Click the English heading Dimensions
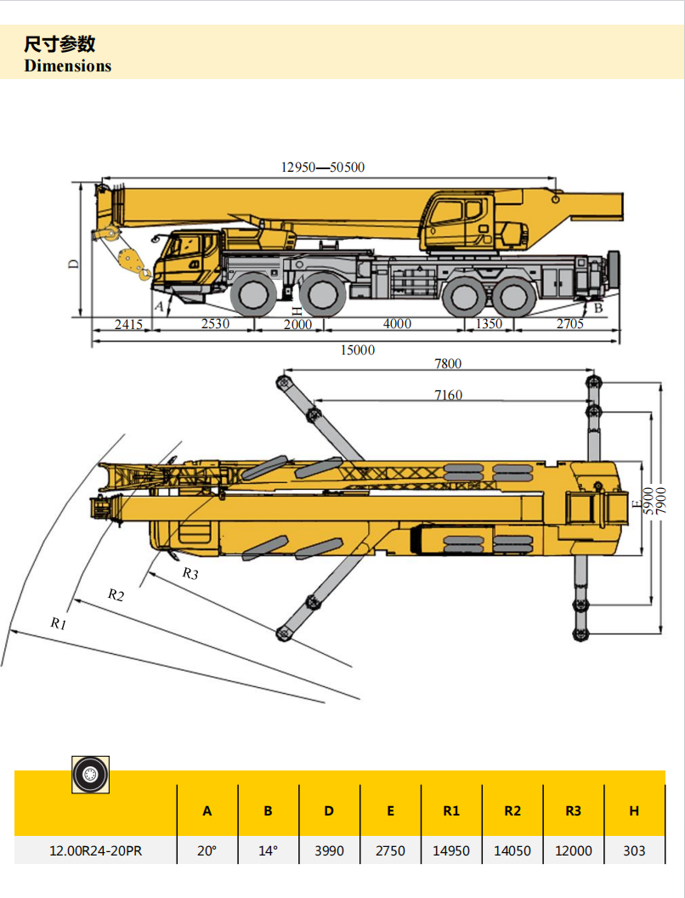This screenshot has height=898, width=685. (68, 66)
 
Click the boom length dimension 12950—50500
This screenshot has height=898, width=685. (323, 168)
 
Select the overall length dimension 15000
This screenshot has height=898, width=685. (357, 350)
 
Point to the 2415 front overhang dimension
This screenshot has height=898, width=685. (128, 324)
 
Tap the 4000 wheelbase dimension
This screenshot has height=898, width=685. (397, 324)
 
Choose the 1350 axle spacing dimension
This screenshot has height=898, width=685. (488, 324)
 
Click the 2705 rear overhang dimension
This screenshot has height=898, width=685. (570, 324)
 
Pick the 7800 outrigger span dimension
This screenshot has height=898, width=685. (448, 364)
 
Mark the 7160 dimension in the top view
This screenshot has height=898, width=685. (449, 395)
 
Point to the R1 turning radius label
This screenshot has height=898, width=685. (59, 623)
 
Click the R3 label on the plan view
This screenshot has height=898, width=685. (190, 574)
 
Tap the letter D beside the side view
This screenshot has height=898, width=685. (74, 264)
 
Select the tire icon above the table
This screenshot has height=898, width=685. (90, 774)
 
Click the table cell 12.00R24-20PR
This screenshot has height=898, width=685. (95, 850)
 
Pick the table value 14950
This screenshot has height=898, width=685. (451, 850)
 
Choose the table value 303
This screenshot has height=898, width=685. (634, 850)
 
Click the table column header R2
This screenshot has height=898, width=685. (512, 811)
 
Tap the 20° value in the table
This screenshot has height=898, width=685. (207, 850)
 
